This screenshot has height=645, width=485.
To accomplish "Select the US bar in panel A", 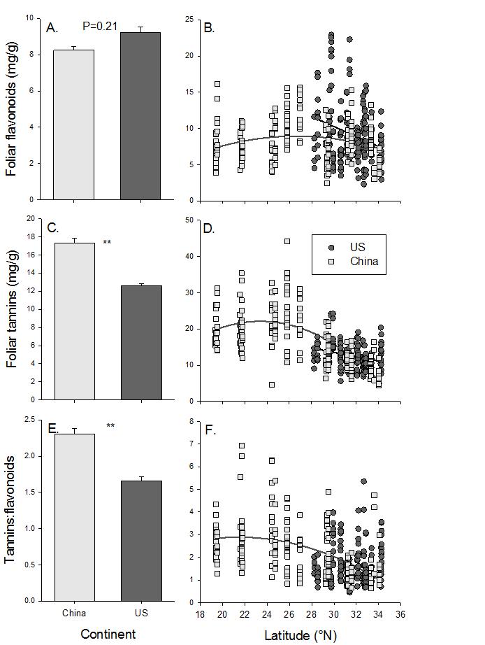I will click(140, 116).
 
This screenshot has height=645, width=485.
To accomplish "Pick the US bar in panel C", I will click(140, 342).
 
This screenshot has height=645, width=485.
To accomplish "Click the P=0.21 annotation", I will click(100, 27).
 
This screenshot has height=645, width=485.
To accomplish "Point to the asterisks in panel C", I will click(107, 243).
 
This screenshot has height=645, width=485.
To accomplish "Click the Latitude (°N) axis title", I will click(301, 635).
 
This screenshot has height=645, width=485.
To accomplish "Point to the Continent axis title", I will click(108, 635).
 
